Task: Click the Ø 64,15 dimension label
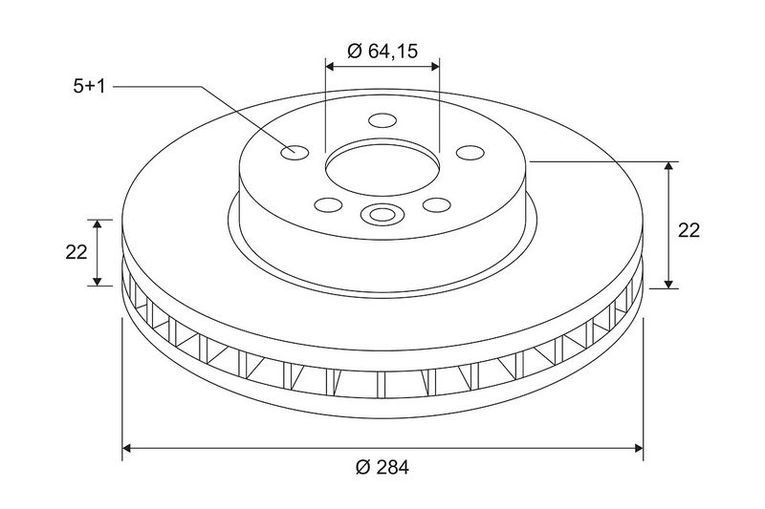tap(382, 51)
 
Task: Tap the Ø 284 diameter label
tap(382, 467)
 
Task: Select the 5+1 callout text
tap(89, 87)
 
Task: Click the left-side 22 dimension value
tap(76, 252)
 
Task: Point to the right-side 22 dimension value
tap(688, 230)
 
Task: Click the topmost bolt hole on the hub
tap(383, 119)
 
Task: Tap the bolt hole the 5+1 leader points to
tap(295, 153)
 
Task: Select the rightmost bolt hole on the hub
tap(470, 153)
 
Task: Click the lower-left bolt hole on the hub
tap(328, 205)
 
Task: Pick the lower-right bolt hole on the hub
tap(437, 205)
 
